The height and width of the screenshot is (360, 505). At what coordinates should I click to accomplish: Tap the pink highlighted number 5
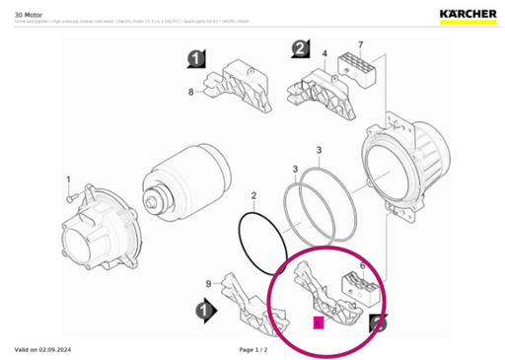[318, 324]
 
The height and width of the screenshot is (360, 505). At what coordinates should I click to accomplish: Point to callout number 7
[361, 45]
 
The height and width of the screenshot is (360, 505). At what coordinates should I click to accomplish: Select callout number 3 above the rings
[319, 150]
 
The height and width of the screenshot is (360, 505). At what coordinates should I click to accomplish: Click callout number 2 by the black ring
[253, 196]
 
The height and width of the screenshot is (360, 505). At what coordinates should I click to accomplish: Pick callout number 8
[191, 92]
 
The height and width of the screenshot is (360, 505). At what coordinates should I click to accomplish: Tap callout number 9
[208, 284]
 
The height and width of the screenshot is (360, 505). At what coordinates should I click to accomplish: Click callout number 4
[324, 52]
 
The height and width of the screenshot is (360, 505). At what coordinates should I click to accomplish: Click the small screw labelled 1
[69, 198]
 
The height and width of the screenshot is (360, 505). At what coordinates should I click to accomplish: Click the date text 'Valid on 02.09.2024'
[42, 350]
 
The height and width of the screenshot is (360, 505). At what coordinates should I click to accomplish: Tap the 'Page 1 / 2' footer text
[253, 350]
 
